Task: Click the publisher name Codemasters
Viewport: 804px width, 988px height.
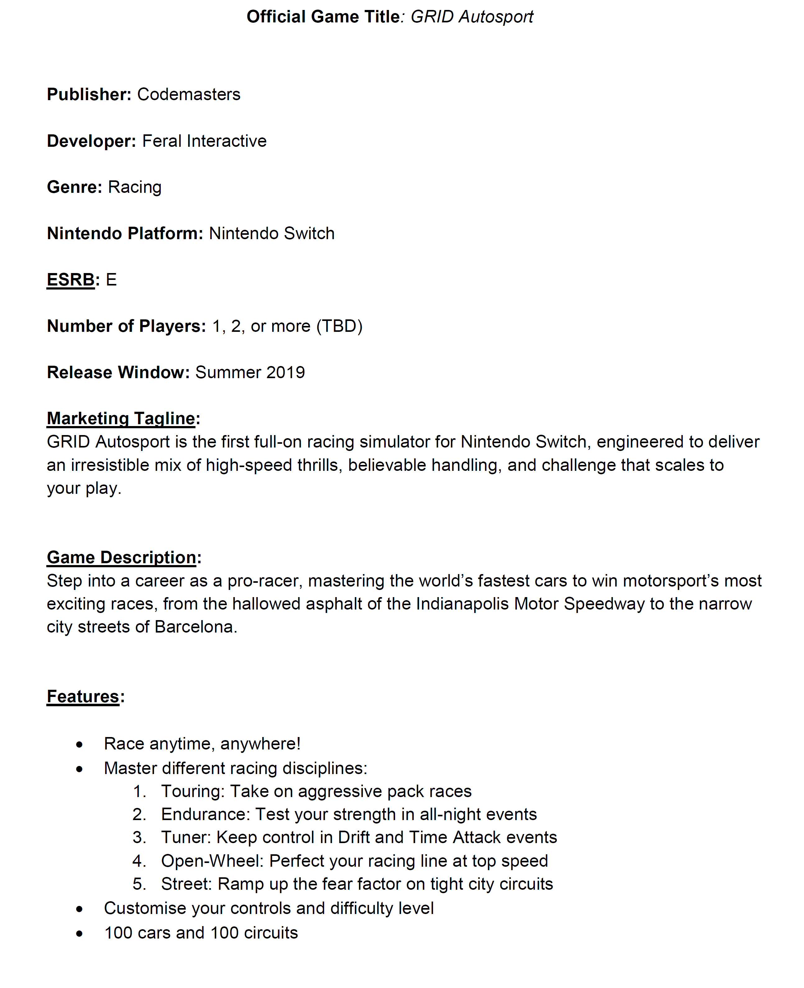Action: tap(189, 95)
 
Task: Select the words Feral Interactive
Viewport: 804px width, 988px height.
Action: tap(204, 141)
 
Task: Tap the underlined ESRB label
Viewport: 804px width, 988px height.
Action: tap(71, 280)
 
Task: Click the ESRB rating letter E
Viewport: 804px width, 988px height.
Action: tap(111, 280)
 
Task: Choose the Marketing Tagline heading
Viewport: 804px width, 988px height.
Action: tap(121, 419)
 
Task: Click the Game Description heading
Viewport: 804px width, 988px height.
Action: tap(121, 558)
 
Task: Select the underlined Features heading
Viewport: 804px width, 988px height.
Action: tap(83, 697)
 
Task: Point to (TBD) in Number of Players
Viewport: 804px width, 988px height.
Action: tap(339, 326)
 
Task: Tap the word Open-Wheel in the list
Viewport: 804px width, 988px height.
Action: tap(211, 861)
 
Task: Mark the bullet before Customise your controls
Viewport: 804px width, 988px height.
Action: tap(80, 909)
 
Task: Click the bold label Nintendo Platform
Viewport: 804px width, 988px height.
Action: tap(125, 234)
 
